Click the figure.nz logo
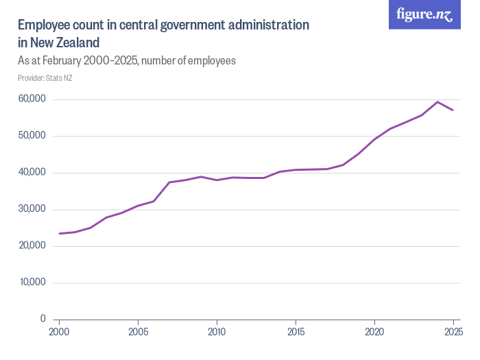[424, 14]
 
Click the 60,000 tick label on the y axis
[32, 99]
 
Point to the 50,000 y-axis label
[32, 136]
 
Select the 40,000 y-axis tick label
[32, 173]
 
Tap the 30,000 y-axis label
[32, 209]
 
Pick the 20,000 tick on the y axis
[32, 245]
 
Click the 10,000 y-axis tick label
[32, 283]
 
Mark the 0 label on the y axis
[43, 319]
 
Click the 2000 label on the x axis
[59, 333]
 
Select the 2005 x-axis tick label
[138, 333]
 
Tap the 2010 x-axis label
[217, 333]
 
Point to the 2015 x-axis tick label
[296, 333]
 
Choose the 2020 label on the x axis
[374, 333]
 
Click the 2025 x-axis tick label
[453, 333]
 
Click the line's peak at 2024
[437, 101]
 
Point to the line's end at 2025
[453, 110]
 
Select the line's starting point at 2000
[60, 234]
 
